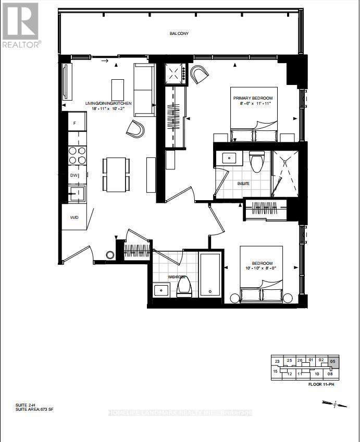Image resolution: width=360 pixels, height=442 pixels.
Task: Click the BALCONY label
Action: click(x=179, y=34)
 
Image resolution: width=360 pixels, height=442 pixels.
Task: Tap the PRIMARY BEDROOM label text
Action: click(x=253, y=98)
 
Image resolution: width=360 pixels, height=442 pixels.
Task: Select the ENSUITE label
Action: click(x=244, y=183)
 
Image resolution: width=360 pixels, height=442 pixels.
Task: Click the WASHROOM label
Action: click(x=177, y=277)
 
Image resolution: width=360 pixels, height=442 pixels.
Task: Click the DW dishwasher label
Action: click(x=74, y=176)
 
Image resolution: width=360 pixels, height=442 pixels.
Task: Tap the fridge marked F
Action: click(x=75, y=123)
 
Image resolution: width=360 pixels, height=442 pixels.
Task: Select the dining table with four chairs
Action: click(x=116, y=174)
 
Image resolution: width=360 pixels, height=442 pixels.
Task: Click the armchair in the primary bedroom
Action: click(x=198, y=76)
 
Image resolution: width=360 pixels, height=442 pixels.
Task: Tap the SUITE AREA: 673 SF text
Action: click(x=34, y=410)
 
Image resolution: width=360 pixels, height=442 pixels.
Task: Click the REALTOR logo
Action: click(x=21, y=26)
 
